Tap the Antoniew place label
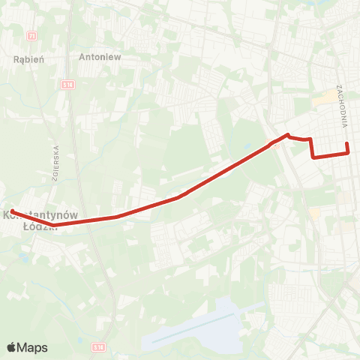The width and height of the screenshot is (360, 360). (x=100, y=55)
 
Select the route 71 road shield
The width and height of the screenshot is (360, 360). (x=31, y=35)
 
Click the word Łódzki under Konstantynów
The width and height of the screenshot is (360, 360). (x=35, y=225)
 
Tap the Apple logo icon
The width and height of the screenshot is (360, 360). (x=12, y=347)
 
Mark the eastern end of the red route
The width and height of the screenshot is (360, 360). (x=348, y=145)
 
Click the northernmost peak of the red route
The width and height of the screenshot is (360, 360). (x=287, y=135)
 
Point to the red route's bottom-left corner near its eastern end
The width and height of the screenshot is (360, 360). (x=313, y=156)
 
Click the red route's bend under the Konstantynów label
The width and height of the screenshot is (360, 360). (x=55, y=223)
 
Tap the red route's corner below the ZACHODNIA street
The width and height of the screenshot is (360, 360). (x=348, y=153)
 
